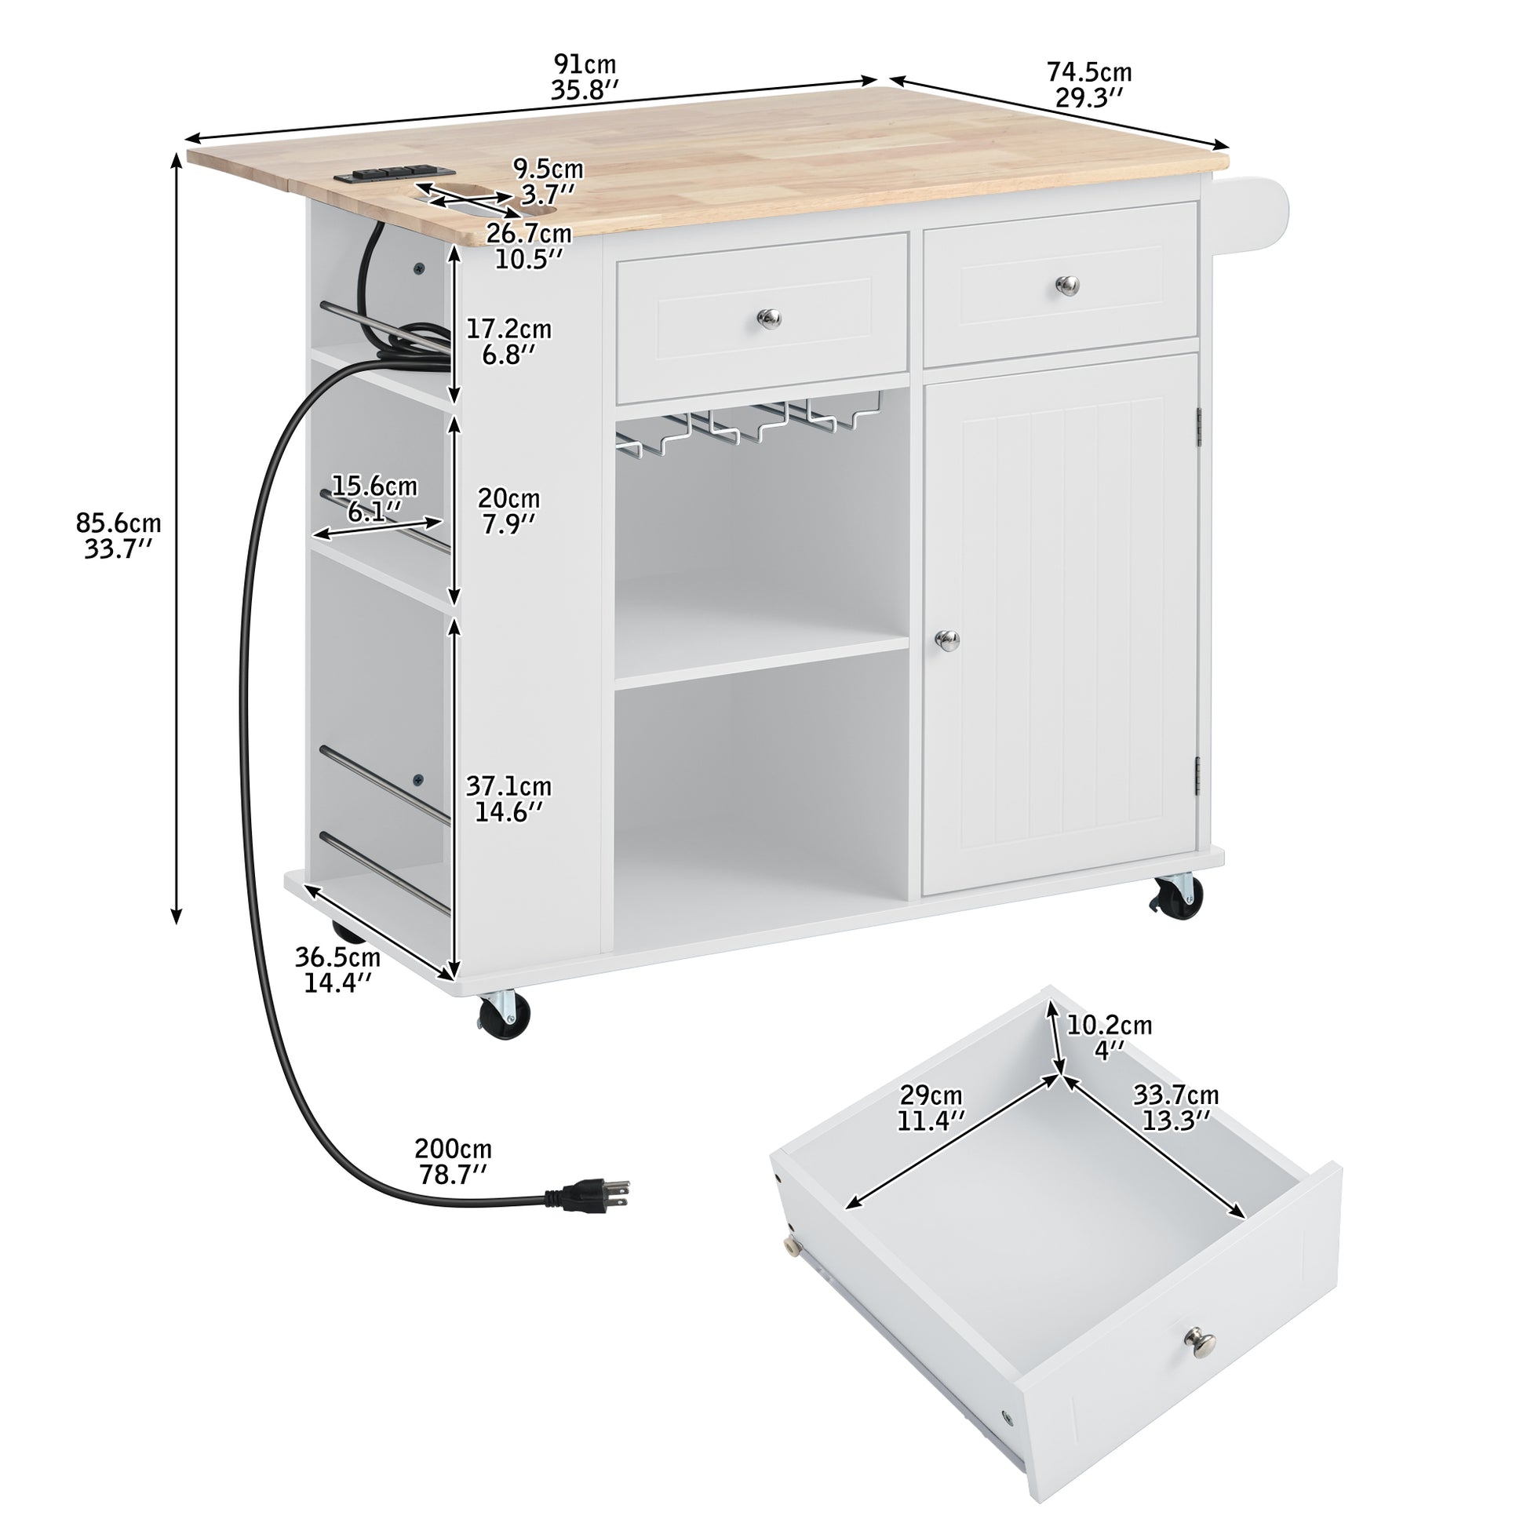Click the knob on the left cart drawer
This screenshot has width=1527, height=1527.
768,319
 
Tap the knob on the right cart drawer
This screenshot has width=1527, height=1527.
1068,285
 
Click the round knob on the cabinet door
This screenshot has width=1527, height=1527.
946,640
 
